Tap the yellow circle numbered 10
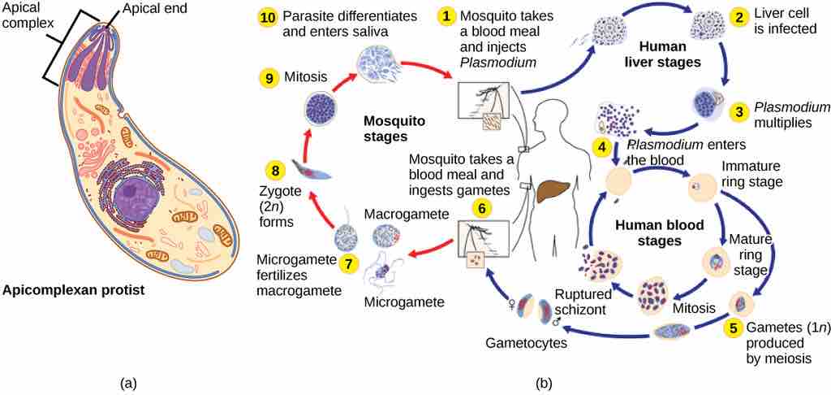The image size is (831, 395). (268, 16)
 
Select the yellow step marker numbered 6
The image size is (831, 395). (482, 208)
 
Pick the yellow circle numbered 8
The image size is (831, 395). (276, 170)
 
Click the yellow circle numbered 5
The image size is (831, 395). (734, 329)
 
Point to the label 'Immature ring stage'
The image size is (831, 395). (751, 173)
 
